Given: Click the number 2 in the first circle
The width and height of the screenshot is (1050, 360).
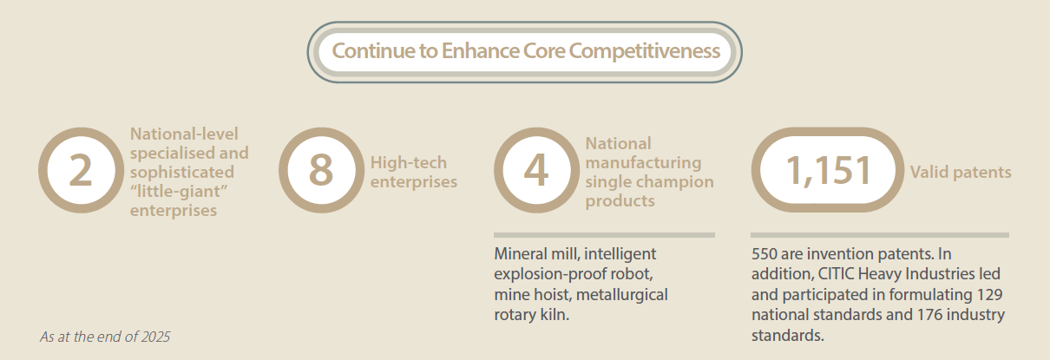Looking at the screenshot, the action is [80, 170].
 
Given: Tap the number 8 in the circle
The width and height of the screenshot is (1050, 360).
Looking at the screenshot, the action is [321, 170].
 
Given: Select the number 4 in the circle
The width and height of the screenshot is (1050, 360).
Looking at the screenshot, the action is [536, 170].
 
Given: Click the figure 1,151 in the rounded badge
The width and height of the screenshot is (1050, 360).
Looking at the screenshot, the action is [828, 171].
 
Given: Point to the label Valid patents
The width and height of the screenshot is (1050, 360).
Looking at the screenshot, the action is [961, 172].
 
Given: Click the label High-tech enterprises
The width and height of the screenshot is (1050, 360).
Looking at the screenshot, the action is [413, 172].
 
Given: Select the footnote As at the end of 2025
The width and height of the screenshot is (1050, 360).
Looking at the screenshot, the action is [105, 337].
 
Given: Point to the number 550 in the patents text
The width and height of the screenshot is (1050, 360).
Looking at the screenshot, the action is [764, 253].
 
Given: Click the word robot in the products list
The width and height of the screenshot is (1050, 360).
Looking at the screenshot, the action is [634, 274].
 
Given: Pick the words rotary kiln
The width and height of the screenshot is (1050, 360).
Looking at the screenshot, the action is [532, 315].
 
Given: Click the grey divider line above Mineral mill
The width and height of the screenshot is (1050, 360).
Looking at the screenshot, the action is [604, 235].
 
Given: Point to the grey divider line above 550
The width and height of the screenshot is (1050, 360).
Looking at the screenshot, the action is [880, 235].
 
